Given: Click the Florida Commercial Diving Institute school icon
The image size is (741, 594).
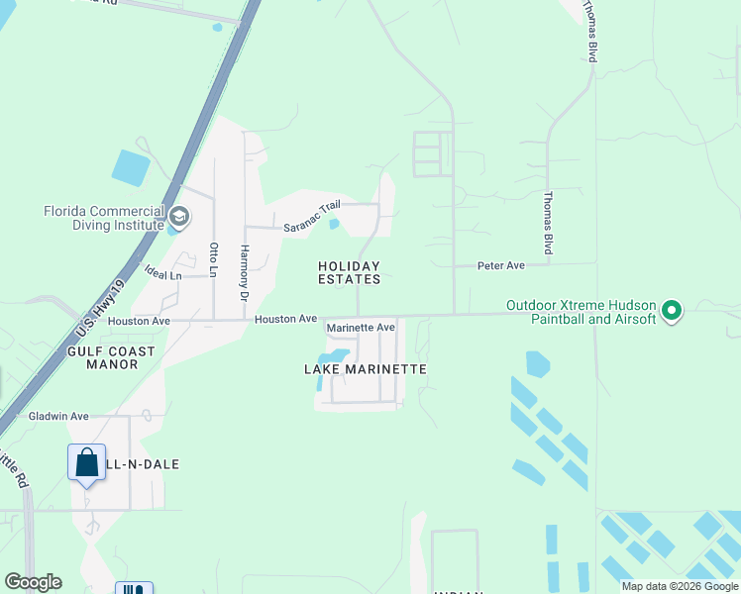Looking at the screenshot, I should [179, 216].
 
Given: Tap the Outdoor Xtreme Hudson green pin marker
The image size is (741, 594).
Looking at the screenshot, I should [672, 312].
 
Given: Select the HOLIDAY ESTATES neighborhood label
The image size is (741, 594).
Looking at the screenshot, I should [349, 273].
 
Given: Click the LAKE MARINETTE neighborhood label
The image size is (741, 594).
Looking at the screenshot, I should [365, 369].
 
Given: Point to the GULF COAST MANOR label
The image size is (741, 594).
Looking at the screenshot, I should [111, 357].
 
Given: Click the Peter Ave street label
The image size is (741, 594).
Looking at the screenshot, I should [501, 265].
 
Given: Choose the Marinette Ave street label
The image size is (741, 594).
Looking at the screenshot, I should [361, 327].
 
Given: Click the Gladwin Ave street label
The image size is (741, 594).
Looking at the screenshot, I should [59, 416].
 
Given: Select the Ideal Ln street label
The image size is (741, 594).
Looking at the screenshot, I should [162, 274].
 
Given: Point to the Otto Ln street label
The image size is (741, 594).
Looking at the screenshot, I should [213, 259].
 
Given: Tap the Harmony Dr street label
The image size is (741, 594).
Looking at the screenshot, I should [244, 272].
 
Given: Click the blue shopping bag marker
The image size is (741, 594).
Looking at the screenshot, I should [86, 462].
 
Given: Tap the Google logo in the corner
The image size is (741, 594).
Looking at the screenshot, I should [33, 582].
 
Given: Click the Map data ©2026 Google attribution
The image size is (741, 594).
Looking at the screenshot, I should [680, 586].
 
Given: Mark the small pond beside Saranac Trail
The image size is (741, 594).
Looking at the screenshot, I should [334, 224].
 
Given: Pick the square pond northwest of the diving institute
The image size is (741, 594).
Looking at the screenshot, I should [130, 167].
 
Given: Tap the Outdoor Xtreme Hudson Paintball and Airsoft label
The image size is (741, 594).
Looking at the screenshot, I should [581, 312].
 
